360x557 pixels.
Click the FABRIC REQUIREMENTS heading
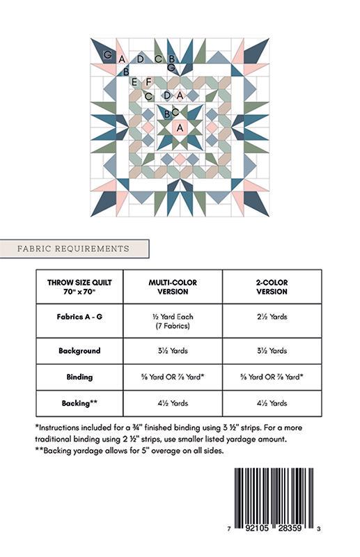pos(74,249)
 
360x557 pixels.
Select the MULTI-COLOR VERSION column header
pos(173,287)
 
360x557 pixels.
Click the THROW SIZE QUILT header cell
pos(79,287)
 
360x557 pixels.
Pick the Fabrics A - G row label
pos(79,317)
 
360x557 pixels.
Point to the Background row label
pos(79,351)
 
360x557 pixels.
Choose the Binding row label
pos(79,377)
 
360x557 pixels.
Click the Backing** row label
pos(79,403)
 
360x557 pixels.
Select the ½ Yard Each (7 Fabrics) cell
pos(173,321)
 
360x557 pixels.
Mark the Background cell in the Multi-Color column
pos(173,351)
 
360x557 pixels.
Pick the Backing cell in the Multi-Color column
pos(173,403)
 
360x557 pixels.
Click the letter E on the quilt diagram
pos(135,82)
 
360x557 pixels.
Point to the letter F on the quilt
pos(148,82)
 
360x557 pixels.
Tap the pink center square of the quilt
pos(180,128)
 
